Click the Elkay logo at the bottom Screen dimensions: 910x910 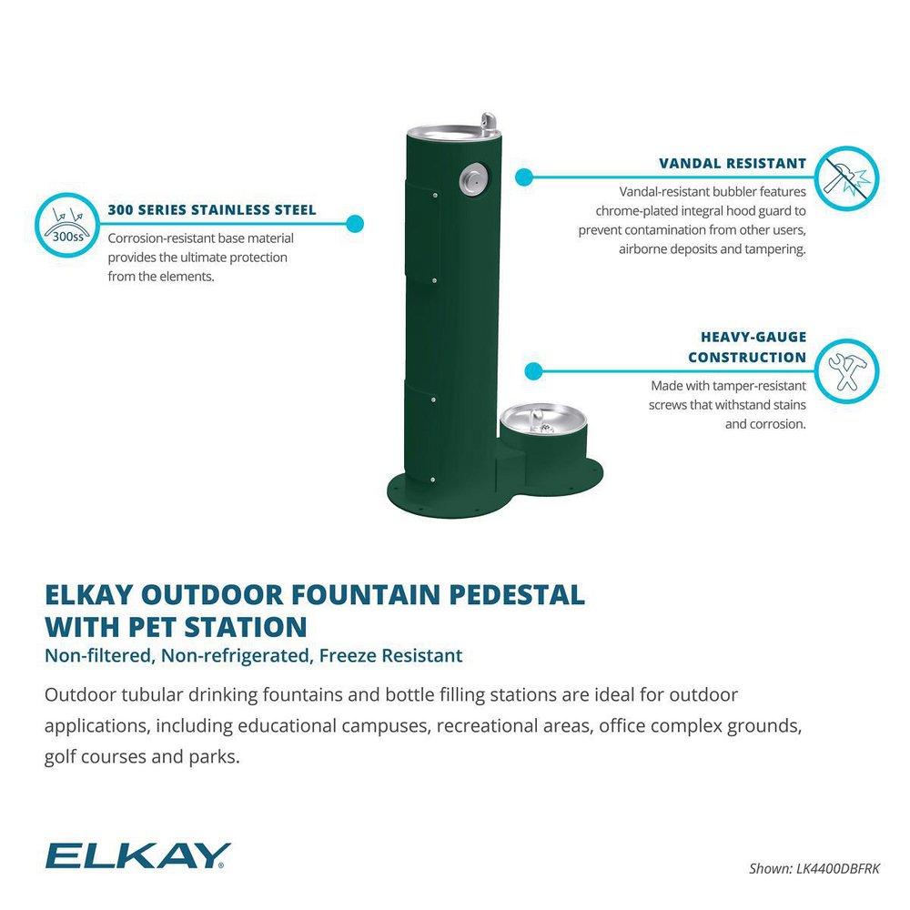pos(137,854)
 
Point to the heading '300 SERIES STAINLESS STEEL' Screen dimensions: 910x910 pos(212,210)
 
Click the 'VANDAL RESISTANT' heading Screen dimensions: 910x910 pos(733,164)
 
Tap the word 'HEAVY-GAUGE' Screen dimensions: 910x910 pos(753,337)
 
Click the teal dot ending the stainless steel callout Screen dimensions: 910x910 pos(355,221)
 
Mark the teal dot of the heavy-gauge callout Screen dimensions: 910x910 pos(534,370)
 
